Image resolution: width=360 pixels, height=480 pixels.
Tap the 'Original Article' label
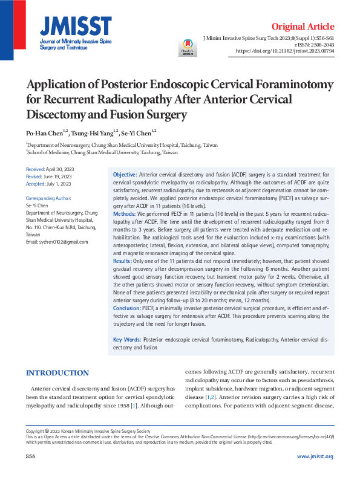point(303,27)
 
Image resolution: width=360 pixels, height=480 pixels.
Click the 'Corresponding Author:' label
point(48,198)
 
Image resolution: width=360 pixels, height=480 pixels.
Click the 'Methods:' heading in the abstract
point(125,214)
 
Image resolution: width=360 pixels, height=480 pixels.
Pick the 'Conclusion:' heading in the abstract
point(127,308)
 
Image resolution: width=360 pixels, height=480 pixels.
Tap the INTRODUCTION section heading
point(57,373)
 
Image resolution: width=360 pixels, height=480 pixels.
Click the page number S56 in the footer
point(31,456)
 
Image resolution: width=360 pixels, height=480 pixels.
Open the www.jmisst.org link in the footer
point(315,456)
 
